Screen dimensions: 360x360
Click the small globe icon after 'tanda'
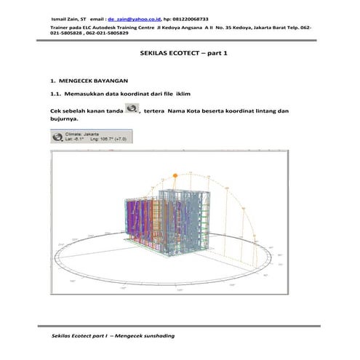tap(132, 109)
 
